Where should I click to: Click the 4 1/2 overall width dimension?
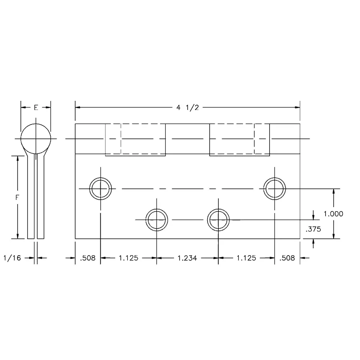[187, 108]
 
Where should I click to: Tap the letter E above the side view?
[36, 108]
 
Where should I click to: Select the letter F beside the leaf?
[17, 197]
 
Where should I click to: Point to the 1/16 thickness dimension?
[12, 258]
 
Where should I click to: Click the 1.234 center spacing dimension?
[187, 258]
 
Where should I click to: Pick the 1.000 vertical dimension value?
[333, 214]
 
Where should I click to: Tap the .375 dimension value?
[313, 229]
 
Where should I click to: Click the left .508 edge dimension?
[88, 258]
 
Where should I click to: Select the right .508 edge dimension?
[287, 258]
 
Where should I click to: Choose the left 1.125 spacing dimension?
[128, 258]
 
